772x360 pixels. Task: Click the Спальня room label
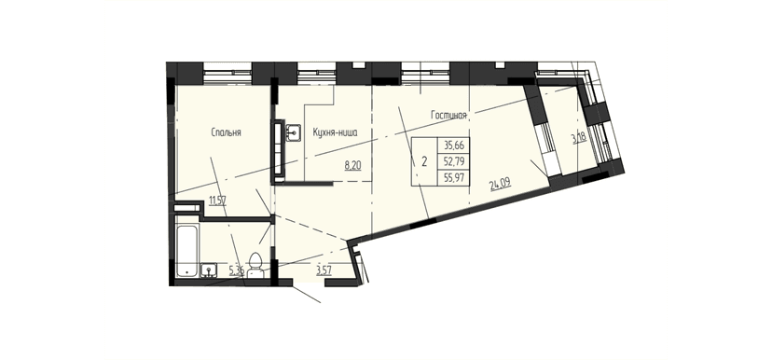pos(226,133)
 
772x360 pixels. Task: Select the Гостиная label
pos(448,116)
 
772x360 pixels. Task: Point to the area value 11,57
pos(217,200)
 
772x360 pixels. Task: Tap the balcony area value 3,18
pos(577,140)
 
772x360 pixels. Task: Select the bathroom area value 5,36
pos(237,271)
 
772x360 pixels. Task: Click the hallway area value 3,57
pos(324,271)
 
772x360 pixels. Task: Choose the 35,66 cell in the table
pos(454,145)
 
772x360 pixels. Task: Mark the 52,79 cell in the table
pos(454,160)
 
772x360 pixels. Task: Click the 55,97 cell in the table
pos(454,176)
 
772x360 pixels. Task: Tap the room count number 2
pos(424,160)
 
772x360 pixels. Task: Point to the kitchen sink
pos(294,132)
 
